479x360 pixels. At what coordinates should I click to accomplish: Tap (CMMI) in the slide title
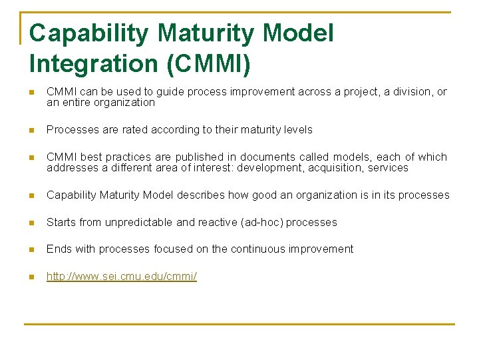(210, 64)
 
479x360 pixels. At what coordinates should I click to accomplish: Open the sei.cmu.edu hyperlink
(122, 276)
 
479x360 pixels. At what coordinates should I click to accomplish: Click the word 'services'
(388, 167)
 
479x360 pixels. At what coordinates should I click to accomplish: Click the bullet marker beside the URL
(31, 276)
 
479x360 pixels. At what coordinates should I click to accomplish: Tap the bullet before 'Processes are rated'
(31, 130)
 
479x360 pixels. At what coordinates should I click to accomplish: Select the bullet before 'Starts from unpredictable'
(31, 223)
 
